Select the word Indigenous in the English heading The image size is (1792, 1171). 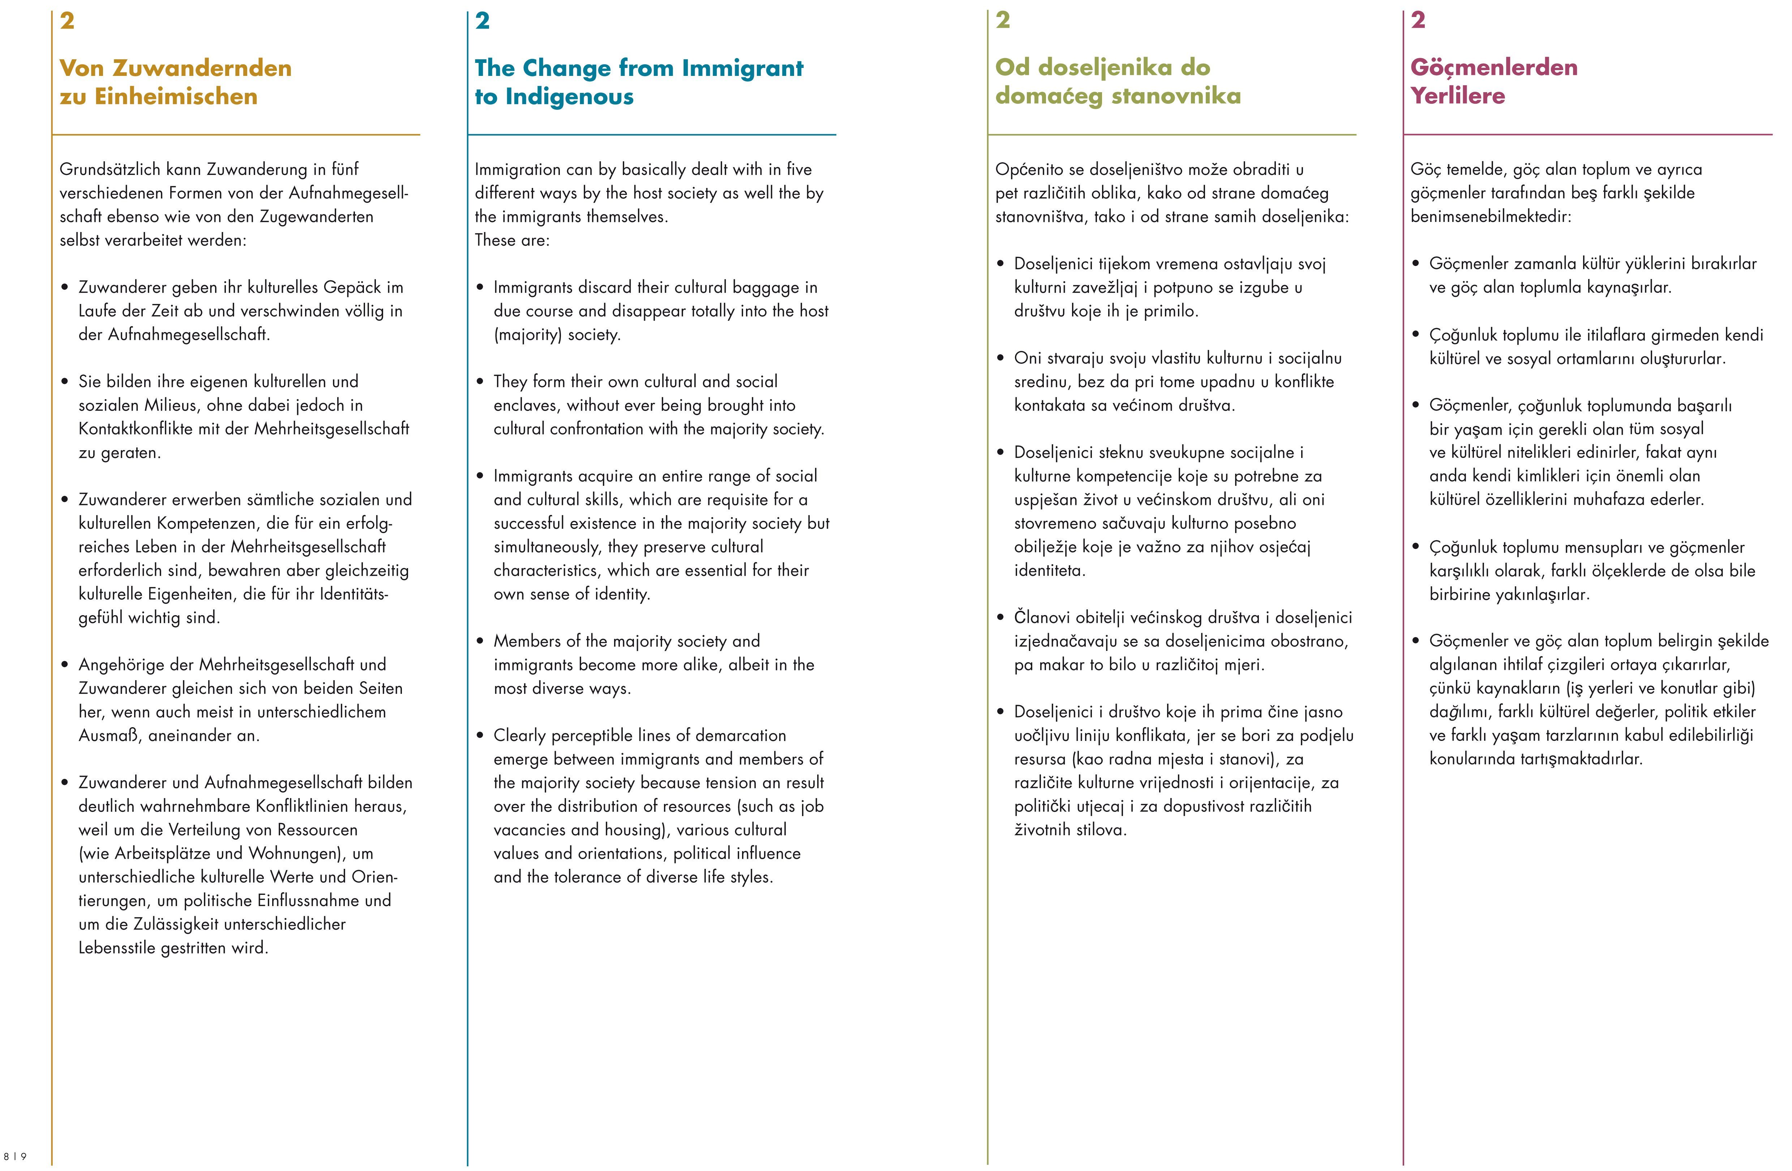pos(570,96)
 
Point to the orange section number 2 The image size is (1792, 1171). pos(67,21)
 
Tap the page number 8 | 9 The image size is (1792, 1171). pos(15,1156)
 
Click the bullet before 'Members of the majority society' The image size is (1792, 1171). pos(480,642)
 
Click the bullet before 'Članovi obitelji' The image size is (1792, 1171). pos(1001,618)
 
